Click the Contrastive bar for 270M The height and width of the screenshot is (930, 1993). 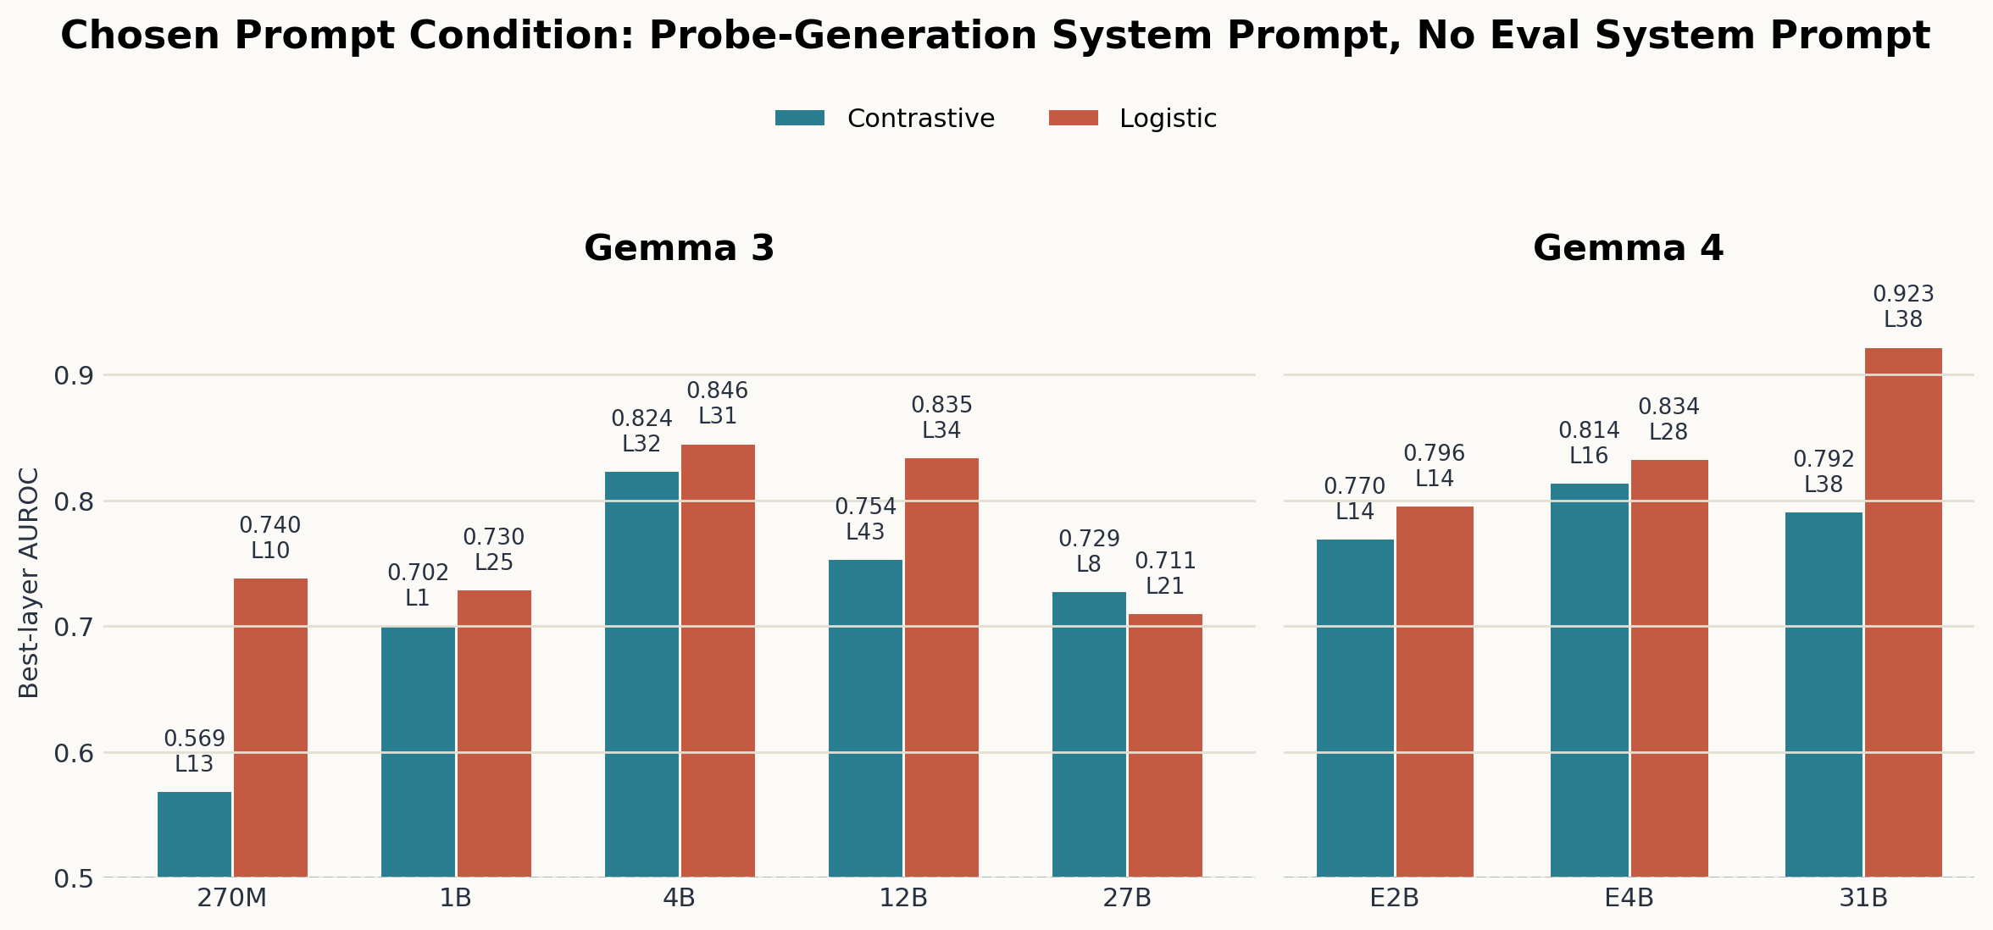coord(194,834)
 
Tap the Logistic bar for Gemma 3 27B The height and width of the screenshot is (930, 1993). coord(1165,745)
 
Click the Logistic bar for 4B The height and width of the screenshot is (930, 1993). coord(718,661)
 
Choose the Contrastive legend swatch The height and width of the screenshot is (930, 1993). coord(799,119)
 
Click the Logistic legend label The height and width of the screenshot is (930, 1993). coord(1168,119)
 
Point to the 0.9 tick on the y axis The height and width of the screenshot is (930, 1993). coord(74,376)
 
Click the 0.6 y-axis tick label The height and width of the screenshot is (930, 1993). coord(74,754)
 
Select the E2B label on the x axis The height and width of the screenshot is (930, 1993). coord(1394,898)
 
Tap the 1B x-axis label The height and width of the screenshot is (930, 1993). coord(455,898)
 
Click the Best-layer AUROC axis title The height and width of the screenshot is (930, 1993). coord(29,583)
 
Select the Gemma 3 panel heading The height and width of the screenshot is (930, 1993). coord(679,248)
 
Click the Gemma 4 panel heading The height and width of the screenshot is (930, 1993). coord(1628,248)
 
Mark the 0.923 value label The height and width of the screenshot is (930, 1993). coord(1903,294)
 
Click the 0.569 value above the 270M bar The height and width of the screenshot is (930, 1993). coord(194,739)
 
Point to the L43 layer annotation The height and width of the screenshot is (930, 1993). coord(865,532)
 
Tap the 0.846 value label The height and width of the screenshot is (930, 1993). coord(718,390)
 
